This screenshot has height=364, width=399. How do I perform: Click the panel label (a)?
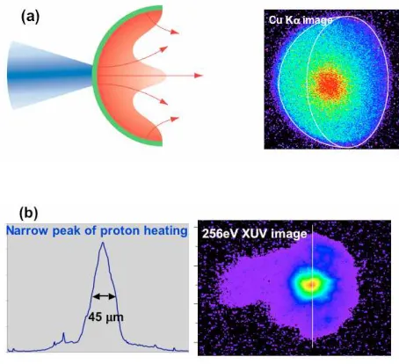pos(30,18)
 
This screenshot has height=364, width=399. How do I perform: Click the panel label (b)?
pos(28,213)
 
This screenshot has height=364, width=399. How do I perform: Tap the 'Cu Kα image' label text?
pos(301,20)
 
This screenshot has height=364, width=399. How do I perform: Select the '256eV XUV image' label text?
pos(254,234)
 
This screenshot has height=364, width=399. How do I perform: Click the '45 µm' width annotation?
pos(105,317)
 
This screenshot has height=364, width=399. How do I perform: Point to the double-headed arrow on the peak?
pos(105,296)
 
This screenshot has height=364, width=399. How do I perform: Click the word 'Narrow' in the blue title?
pos(27,230)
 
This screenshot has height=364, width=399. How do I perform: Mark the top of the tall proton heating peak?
pos(103,243)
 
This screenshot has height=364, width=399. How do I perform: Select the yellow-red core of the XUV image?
pos(311,284)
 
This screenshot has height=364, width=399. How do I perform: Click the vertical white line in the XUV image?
pos(313,287)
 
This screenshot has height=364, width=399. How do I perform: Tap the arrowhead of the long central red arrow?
pos(199,76)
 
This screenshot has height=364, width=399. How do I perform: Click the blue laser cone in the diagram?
pos(50,75)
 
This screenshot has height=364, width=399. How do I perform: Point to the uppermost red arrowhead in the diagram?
pos(175,32)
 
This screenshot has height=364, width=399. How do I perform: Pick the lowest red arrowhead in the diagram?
pos(175,119)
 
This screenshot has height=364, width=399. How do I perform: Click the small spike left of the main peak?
pos(63,338)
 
